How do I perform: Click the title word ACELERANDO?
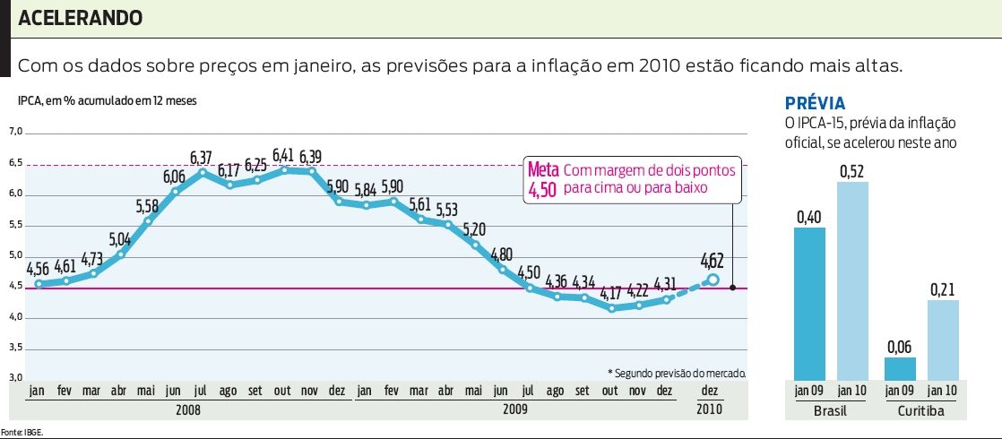80,18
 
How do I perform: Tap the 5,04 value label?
119,239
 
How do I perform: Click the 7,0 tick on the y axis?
14,133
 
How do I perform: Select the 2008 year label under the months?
189,409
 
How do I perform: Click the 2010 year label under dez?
708,409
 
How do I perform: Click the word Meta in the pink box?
543,170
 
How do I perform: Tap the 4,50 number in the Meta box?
543,190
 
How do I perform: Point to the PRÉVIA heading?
815,103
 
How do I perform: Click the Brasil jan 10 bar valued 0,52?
852,280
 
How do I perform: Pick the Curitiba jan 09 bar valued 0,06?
899,367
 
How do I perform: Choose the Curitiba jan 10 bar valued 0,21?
943,339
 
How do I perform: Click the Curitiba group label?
921,409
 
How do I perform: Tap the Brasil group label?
830,409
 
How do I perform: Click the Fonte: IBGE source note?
22,432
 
